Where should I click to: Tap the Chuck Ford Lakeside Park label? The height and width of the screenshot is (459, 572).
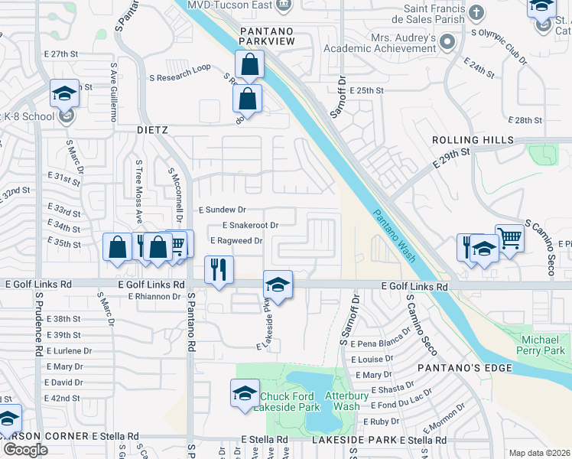click(290, 402)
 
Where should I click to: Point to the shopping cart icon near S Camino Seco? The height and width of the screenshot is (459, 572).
click(509, 237)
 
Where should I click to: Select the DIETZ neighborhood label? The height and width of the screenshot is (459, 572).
click(152, 130)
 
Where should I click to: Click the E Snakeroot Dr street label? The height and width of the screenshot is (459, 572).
click(250, 226)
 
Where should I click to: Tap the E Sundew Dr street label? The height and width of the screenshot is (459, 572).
click(223, 209)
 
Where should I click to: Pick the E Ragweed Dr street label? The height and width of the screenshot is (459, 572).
click(236, 240)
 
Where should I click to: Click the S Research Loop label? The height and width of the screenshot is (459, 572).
click(180, 67)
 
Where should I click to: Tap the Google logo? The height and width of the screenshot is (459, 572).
click(25, 449)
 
